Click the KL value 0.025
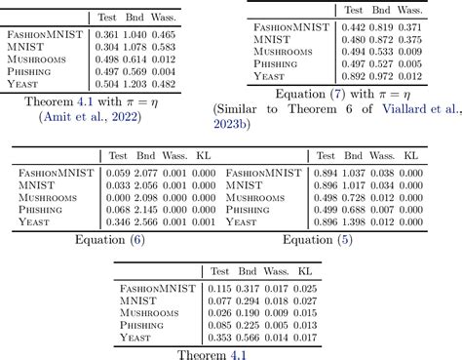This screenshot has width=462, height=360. click(x=306, y=289)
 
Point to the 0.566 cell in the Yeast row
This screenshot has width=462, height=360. click(x=250, y=338)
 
